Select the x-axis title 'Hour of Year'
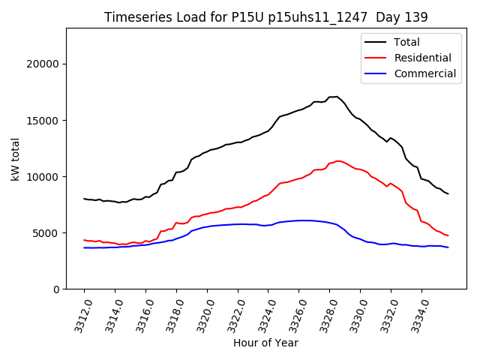click(x=265, y=343)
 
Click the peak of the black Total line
click(x=337, y=97)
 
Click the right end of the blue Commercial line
click(x=448, y=247)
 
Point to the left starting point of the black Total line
click(x=84, y=199)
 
